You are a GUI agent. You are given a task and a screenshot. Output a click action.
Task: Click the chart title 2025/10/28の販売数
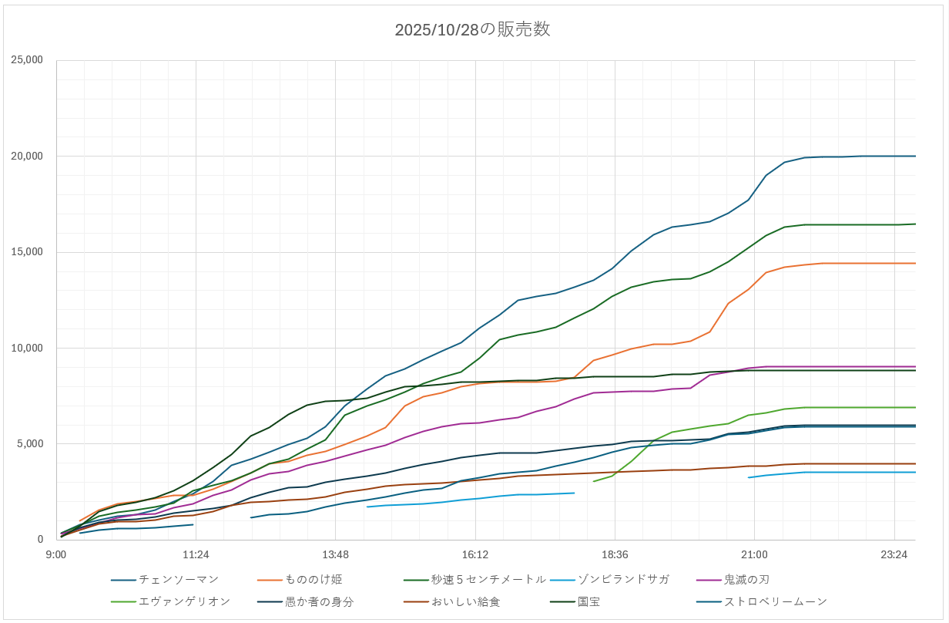pyautogui.click(x=472, y=30)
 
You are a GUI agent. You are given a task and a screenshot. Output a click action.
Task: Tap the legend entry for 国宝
pyautogui.click(x=589, y=601)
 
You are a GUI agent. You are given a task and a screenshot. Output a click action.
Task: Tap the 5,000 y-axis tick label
pyautogui.click(x=32, y=443)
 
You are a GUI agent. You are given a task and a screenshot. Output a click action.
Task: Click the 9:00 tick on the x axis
pyautogui.click(x=56, y=554)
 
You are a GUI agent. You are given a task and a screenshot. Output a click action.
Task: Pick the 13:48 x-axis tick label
pyautogui.click(x=336, y=554)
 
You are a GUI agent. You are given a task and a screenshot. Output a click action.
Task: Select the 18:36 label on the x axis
pyautogui.click(x=615, y=554)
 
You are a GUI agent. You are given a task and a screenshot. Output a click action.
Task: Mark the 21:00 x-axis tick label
pyautogui.click(x=754, y=554)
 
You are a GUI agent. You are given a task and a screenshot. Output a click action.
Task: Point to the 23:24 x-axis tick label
pyautogui.click(x=894, y=554)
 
